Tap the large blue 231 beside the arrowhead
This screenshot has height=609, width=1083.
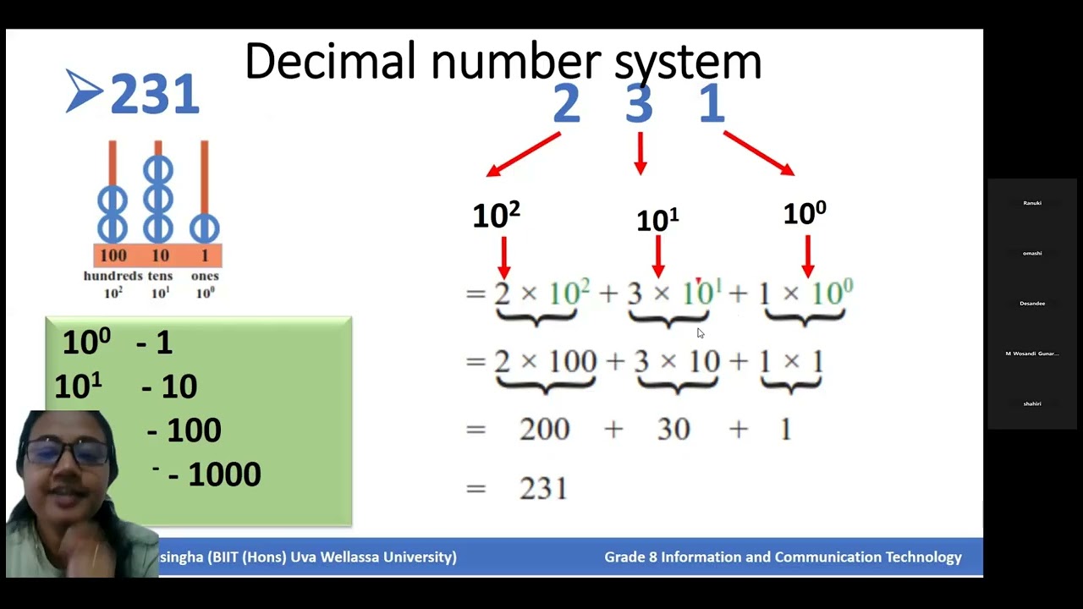pos(155,94)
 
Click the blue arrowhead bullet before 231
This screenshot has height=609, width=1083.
pos(84,91)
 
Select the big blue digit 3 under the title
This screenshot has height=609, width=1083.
pos(640,104)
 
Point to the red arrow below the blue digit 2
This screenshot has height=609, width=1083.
pos(524,155)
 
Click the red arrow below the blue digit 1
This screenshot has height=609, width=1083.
pos(758,154)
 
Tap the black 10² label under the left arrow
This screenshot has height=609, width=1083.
pos(496,216)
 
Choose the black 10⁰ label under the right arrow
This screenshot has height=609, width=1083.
pos(804,213)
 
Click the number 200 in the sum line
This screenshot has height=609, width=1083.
pos(544,430)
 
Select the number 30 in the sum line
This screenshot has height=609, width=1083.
pos(673,430)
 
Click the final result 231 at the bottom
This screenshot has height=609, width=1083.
pos(543,489)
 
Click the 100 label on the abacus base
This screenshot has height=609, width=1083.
pos(113,255)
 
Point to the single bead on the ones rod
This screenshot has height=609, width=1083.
pos(204,228)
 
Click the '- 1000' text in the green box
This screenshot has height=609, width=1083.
pos(214,475)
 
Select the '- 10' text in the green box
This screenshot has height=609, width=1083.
pos(169,387)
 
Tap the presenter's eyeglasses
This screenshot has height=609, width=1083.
pos(67,453)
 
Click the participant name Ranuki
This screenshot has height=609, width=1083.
pos(1031,203)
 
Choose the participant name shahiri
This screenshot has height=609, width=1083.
pos(1031,403)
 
